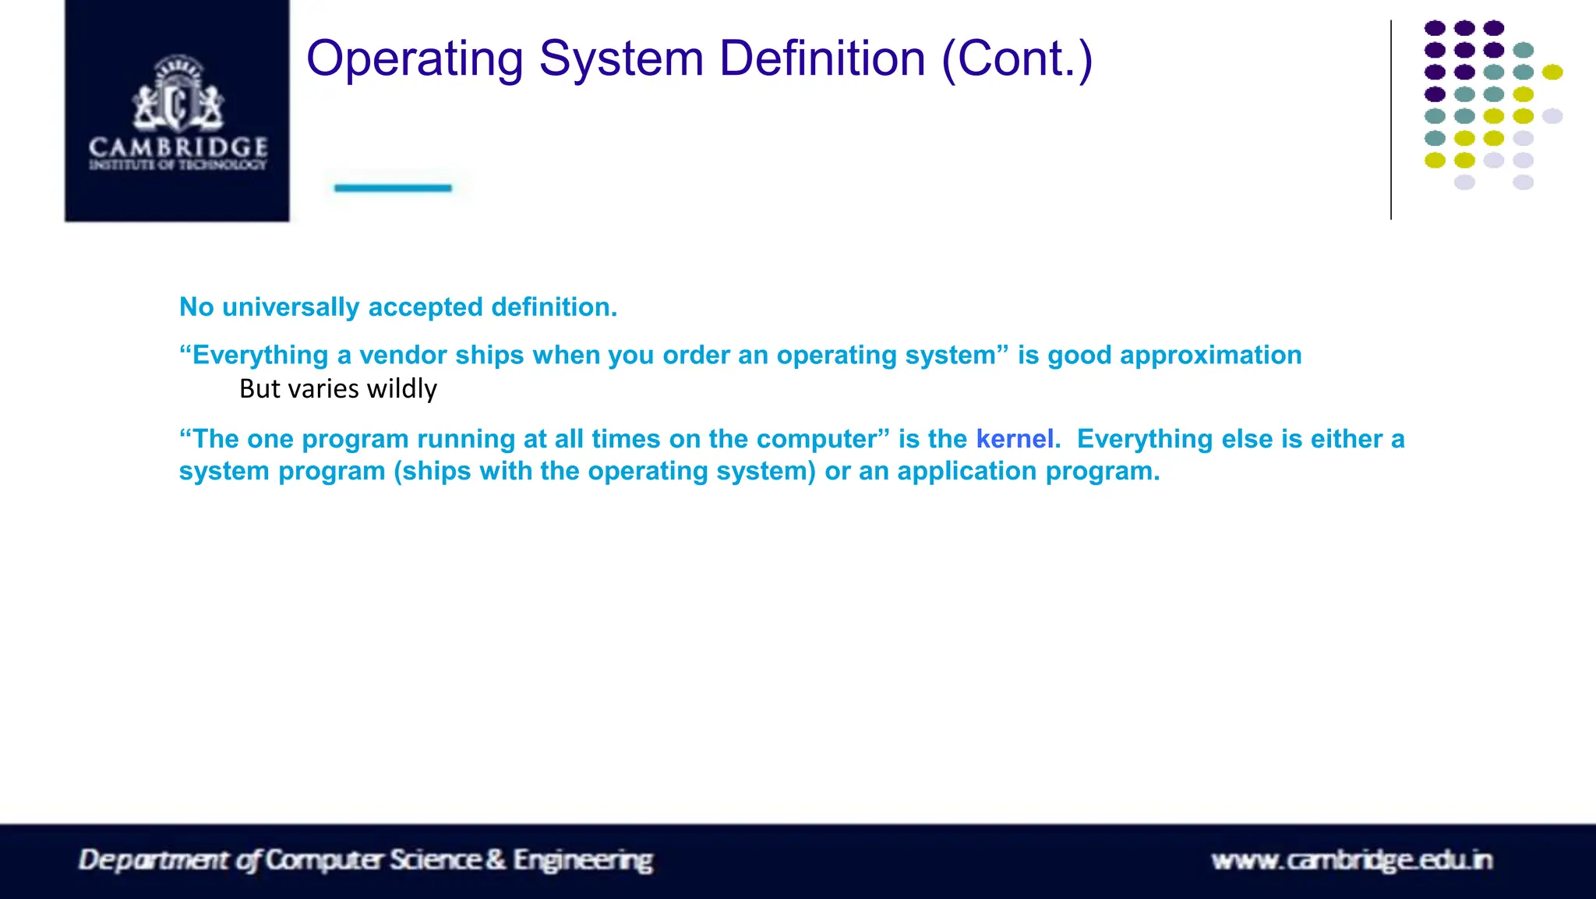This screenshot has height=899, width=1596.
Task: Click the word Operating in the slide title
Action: point(415,60)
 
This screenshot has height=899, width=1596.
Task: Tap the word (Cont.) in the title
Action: point(1017,60)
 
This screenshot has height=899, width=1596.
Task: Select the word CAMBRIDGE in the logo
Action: point(178,147)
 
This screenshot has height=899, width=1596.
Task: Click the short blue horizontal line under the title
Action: point(393,188)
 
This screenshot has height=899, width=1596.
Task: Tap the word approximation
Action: point(1210,356)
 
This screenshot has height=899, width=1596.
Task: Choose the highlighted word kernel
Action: point(1015,439)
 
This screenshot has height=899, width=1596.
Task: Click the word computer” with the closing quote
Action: point(823,439)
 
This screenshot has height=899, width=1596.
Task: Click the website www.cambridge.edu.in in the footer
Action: point(1351,860)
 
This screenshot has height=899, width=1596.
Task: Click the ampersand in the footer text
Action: point(496,860)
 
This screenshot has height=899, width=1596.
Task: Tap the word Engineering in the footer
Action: point(583,860)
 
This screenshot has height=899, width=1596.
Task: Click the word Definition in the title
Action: point(822,60)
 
